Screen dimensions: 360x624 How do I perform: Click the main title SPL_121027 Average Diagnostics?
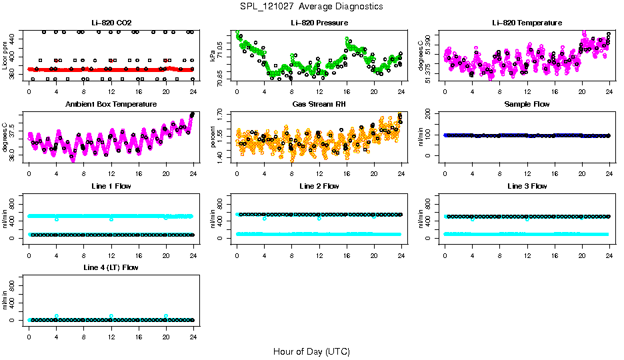(x=312, y=6)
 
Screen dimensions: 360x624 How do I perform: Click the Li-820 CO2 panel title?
(x=111, y=23)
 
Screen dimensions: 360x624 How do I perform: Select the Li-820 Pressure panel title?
(x=319, y=23)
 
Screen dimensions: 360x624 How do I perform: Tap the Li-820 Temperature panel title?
(x=527, y=23)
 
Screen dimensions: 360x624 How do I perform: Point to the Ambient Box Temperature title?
(x=111, y=104)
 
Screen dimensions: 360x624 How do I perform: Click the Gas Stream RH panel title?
(x=319, y=104)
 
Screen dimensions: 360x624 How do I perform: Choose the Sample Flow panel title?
(x=527, y=104)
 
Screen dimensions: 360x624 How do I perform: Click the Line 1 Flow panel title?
(x=111, y=186)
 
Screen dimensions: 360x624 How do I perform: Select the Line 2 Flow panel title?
(x=319, y=186)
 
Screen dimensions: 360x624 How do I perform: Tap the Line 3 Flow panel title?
(x=527, y=186)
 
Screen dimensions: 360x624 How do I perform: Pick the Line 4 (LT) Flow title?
(x=111, y=267)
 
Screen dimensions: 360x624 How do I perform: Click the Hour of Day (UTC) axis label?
(x=311, y=351)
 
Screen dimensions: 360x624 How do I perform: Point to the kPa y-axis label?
(x=213, y=56)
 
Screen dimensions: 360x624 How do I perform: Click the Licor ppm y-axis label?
(x=5, y=56)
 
